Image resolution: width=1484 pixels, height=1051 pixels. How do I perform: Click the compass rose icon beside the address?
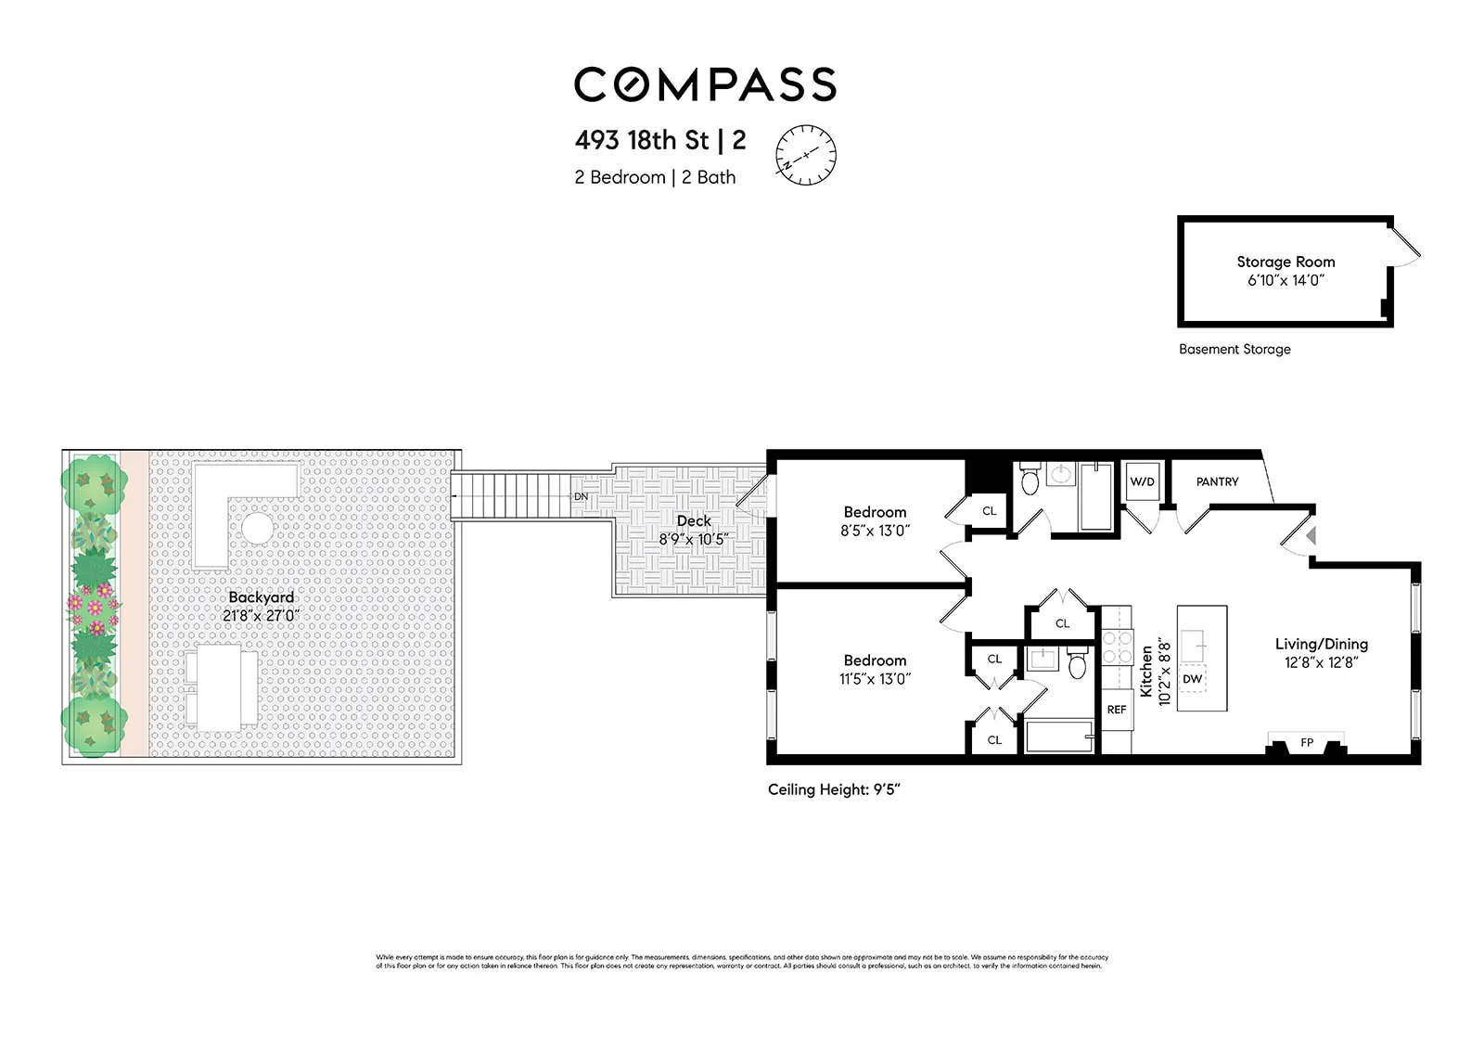click(805, 154)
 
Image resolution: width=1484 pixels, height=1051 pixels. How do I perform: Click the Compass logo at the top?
click(705, 84)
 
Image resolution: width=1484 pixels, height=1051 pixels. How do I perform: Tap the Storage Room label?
click(1286, 262)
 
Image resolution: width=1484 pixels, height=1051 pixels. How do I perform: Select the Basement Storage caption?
click(1235, 350)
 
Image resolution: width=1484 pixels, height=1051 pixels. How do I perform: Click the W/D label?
click(1142, 481)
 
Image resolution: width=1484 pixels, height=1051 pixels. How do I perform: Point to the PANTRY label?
click(1217, 481)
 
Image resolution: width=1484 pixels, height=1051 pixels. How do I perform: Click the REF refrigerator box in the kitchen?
click(1117, 710)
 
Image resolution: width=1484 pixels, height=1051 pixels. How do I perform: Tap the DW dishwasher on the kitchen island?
click(1193, 679)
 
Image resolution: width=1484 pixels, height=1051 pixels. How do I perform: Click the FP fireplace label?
click(1307, 743)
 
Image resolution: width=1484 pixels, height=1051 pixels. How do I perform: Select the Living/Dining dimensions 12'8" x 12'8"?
click(1321, 662)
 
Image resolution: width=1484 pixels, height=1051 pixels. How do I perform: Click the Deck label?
click(694, 521)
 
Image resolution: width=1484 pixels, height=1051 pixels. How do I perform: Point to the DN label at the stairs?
click(581, 497)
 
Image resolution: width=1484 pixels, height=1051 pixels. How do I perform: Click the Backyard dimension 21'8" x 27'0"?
click(261, 616)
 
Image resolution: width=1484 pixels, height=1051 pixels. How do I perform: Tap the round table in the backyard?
click(257, 529)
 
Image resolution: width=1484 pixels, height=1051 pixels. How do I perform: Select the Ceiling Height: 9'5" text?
click(834, 790)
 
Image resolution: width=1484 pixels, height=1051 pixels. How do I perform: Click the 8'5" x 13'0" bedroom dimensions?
click(875, 531)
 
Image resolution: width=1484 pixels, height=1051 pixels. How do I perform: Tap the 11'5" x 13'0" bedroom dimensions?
click(875, 679)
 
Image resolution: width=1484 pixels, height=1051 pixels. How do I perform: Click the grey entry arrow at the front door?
click(1311, 535)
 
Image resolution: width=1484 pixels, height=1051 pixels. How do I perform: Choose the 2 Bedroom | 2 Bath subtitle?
click(655, 177)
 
